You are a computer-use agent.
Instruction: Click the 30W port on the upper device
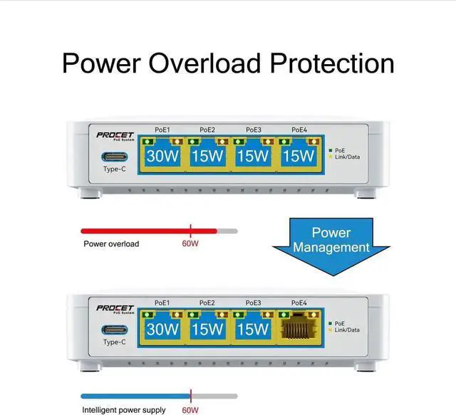click(x=162, y=155)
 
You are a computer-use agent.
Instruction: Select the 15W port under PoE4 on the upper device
click(x=299, y=155)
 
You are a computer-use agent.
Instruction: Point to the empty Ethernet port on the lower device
click(x=299, y=328)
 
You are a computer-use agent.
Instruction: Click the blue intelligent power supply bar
click(x=135, y=396)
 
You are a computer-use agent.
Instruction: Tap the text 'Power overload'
click(x=111, y=244)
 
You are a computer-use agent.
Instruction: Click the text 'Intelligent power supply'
click(x=124, y=410)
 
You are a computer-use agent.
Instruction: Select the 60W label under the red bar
click(x=190, y=244)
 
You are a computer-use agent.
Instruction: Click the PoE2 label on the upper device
click(x=207, y=130)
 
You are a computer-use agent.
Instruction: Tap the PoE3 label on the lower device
click(x=253, y=303)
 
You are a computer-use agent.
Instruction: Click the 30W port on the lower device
click(x=162, y=329)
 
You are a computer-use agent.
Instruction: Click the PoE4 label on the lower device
click(x=299, y=303)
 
